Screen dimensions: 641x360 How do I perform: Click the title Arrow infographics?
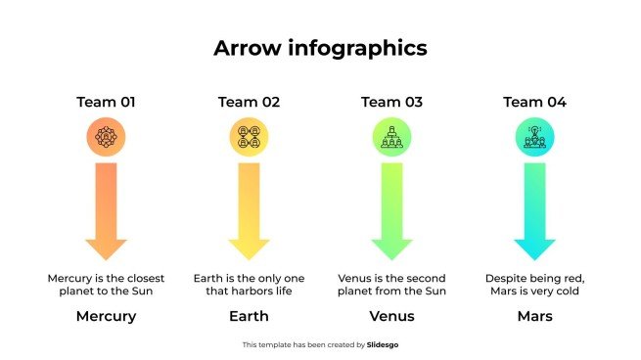point(320,48)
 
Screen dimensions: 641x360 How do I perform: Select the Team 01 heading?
point(106,102)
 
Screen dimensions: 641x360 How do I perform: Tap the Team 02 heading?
point(249,102)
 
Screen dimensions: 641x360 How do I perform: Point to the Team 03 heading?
point(391,102)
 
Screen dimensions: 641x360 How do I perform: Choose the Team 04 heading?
point(534,102)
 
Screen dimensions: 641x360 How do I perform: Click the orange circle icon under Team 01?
point(106,137)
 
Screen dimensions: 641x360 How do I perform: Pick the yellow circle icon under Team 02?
point(249,137)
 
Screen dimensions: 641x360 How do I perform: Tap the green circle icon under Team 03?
point(391,137)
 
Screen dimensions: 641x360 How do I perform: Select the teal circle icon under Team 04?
point(534,137)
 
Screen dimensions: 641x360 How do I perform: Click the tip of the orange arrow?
point(106,260)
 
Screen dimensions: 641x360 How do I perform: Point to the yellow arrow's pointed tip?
point(249,260)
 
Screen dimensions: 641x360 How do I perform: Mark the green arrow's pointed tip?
point(391,260)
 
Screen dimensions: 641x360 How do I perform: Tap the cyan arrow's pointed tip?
point(534,260)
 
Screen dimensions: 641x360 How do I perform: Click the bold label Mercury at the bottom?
point(107,317)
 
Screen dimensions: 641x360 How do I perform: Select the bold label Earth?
point(249,316)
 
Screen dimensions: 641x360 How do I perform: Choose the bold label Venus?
point(391,316)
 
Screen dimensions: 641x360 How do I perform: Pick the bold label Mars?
point(534,316)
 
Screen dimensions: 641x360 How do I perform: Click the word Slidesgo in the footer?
point(383,345)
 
